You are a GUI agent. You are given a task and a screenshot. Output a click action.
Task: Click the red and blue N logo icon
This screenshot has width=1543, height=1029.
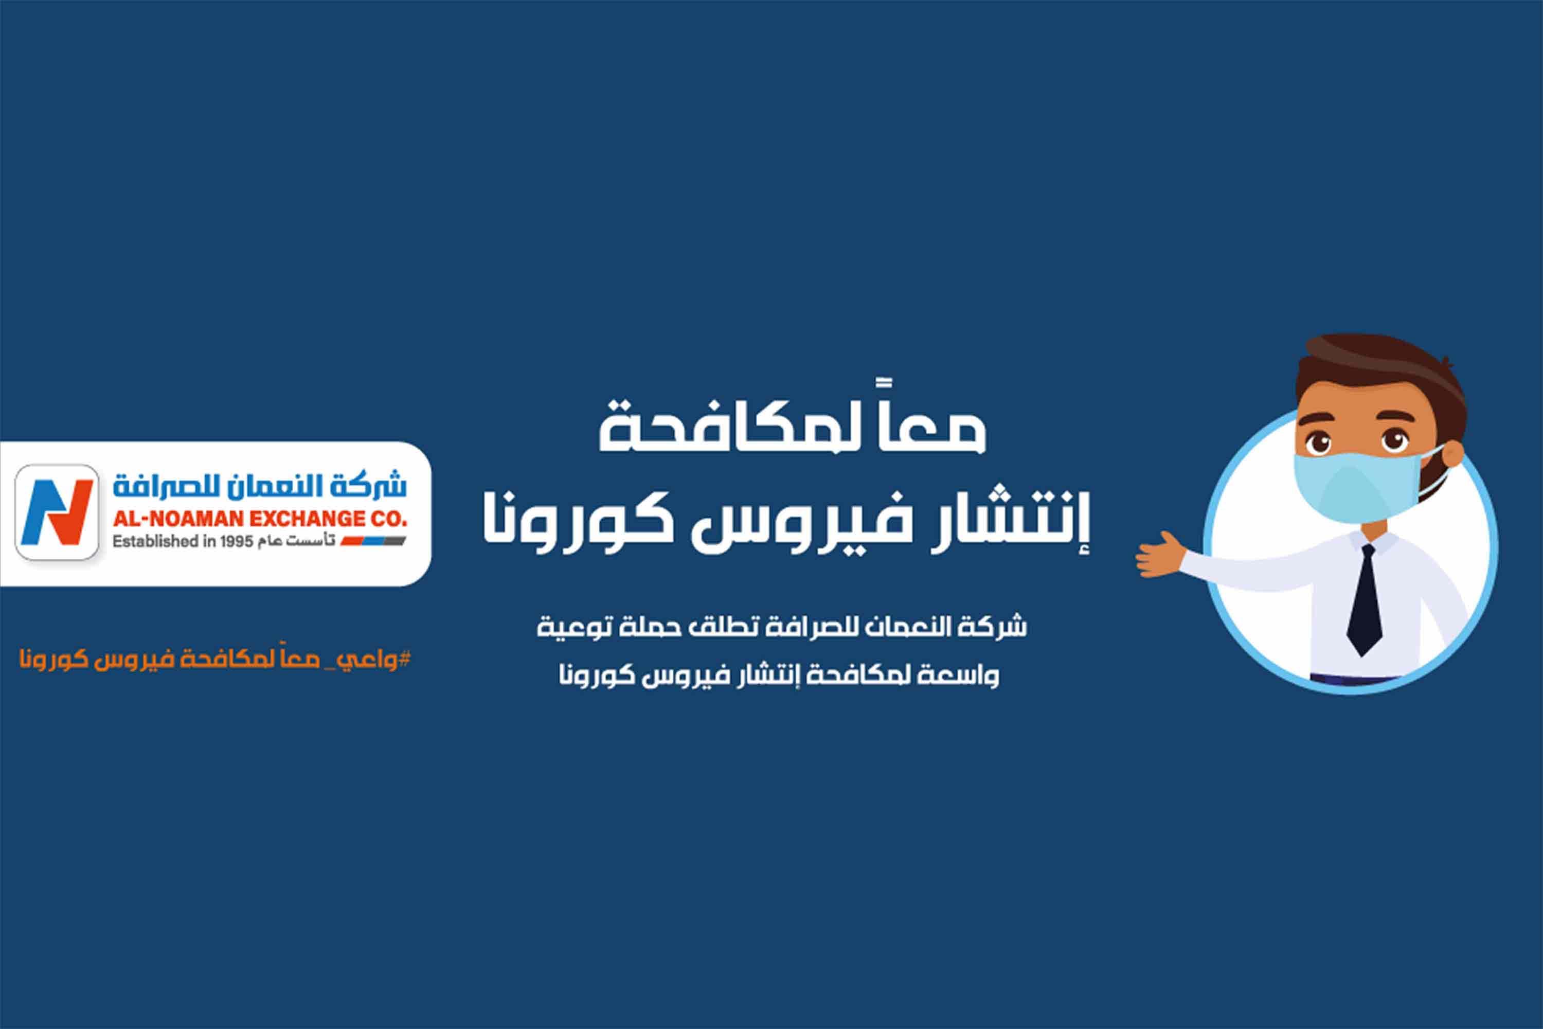[57, 512]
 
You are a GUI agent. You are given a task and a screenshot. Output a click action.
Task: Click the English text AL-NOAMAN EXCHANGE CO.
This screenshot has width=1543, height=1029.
[260, 519]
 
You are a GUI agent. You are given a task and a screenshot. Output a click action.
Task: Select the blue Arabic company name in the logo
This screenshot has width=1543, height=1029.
[260, 486]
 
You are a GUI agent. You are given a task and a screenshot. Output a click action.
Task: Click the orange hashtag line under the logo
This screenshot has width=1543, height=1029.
[215, 660]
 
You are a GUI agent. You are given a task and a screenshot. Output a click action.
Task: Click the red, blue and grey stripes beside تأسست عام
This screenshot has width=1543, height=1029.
[372, 541]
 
